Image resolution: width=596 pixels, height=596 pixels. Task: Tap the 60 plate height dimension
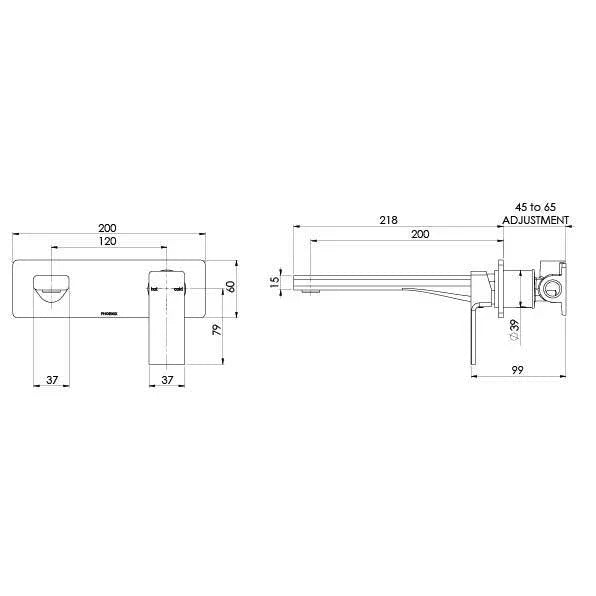tap(230, 286)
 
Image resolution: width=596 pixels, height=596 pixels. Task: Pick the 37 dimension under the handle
tap(168, 380)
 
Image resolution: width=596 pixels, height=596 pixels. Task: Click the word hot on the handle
tap(155, 290)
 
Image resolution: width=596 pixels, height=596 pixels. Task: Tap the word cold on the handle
tap(178, 290)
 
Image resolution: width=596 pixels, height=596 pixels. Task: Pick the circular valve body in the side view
tap(550, 290)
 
